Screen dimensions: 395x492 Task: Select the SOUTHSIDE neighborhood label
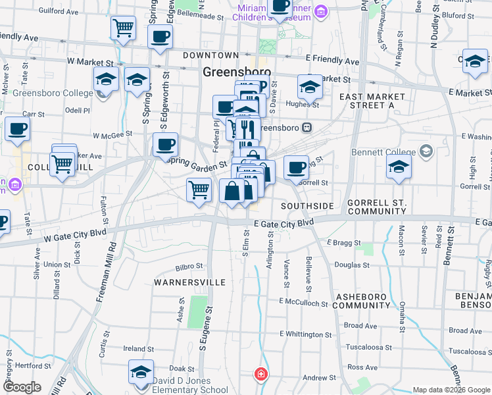[x=307, y=206]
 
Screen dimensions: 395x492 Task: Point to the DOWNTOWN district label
[x=210, y=55]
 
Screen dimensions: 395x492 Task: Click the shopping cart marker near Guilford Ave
[x=123, y=28]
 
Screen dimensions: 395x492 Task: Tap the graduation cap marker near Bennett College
[x=399, y=167]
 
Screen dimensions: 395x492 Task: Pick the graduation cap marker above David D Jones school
[x=141, y=373]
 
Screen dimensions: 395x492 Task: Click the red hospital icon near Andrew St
[x=261, y=375]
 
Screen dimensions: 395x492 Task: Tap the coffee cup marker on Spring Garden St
[x=165, y=144]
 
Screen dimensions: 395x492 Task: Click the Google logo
[x=22, y=387]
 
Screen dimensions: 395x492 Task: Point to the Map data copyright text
[x=450, y=390]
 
